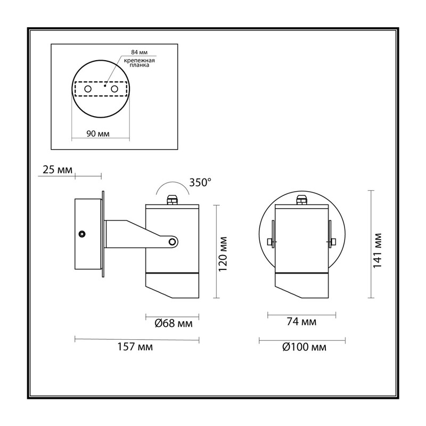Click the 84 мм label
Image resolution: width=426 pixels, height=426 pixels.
(x=139, y=52)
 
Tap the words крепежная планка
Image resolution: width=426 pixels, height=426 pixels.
(x=140, y=63)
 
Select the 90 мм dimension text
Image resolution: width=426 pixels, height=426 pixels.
(x=98, y=134)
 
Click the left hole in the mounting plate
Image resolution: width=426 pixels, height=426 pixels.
(x=88, y=88)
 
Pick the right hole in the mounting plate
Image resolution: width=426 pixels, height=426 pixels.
(x=114, y=89)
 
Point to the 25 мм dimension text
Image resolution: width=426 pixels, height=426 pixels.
(x=58, y=170)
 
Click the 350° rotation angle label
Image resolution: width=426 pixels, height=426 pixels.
(x=200, y=183)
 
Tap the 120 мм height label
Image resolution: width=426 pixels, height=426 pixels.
(x=223, y=254)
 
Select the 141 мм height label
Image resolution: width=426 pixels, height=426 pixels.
(x=377, y=250)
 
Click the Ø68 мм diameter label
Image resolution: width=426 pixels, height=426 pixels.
(x=174, y=323)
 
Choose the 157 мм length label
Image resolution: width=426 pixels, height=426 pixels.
(x=135, y=347)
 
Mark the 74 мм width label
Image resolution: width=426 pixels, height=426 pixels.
(x=301, y=322)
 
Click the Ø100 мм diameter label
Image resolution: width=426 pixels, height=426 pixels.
(x=304, y=347)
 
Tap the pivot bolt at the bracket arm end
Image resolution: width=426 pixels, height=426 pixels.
(x=172, y=242)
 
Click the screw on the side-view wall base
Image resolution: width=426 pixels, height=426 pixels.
(x=81, y=234)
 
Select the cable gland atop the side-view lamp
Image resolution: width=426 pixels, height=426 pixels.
(x=172, y=200)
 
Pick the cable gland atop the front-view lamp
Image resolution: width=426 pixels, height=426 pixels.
(x=302, y=200)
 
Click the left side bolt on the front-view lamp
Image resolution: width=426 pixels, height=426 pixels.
(x=271, y=241)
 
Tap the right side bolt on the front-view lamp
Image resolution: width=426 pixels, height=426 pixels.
(x=332, y=241)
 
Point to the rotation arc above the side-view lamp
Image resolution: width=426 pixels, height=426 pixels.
(x=173, y=182)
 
